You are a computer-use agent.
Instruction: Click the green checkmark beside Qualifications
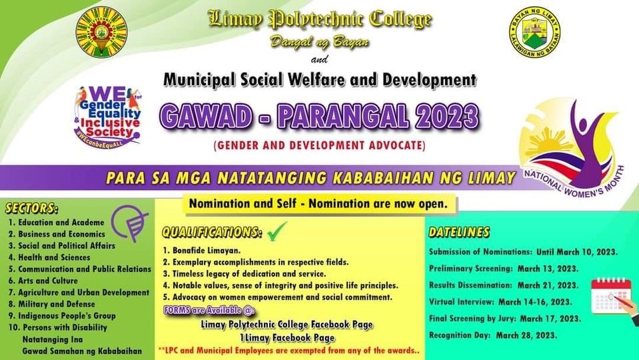pyautogui.click(x=276, y=233)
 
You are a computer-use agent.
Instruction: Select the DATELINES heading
pyautogui.click(x=459, y=232)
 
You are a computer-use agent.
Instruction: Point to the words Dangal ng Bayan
pyautogui.click(x=319, y=41)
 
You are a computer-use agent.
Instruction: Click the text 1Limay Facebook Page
pyautogui.click(x=287, y=337)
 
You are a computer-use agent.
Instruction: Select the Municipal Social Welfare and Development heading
pyautogui.click(x=320, y=81)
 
